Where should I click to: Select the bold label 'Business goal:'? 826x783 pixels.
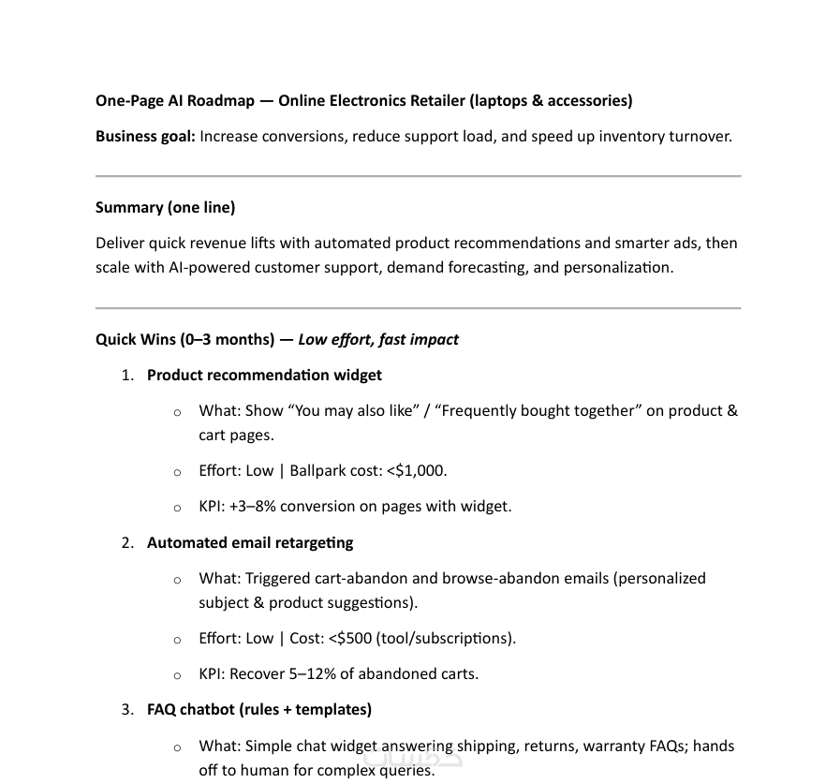pos(145,136)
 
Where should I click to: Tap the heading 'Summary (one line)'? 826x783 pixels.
pos(165,207)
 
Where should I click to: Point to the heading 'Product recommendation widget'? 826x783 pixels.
pos(264,375)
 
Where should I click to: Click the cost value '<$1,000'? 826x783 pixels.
pos(416,470)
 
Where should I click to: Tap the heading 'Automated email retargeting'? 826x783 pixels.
pos(250,542)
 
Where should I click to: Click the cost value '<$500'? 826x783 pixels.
pos(350,638)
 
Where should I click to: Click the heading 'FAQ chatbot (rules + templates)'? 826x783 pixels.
pos(259,709)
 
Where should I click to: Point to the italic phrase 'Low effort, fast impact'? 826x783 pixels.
pos(378,339)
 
